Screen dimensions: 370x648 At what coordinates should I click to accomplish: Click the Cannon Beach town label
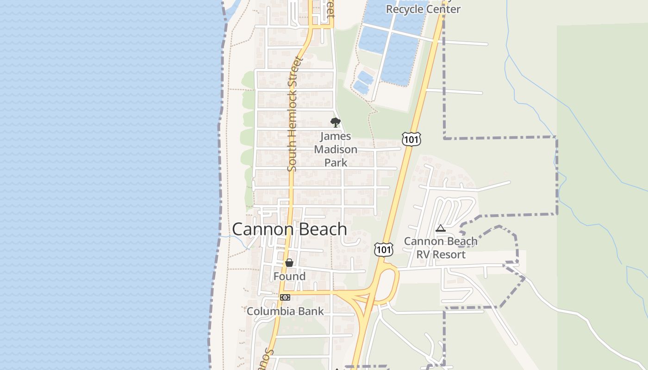click(x=289, y=229)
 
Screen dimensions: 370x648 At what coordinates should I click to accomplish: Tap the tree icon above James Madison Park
click(x=336, y=123)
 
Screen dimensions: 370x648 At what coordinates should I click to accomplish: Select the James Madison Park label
click(x=336, y=149)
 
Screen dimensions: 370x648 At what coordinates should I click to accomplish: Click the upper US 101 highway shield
click(x=411, y=138)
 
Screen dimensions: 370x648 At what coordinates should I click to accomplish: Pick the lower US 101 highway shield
click(x=384, y=249)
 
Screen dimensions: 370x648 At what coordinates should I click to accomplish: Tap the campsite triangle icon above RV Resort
click(x=440, y=228)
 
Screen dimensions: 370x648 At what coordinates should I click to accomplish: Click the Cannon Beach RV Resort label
click(x=441, y=248)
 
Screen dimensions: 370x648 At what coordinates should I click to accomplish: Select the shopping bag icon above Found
click(x=289, y=263)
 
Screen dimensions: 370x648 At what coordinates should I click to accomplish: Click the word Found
click(x=289, y=276)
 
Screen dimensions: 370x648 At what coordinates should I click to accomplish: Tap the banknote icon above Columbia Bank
click(x=285, y=297)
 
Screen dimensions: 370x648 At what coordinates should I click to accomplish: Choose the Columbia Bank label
click(x=285, y=311)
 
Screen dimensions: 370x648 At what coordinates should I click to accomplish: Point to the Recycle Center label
click(x=423, y=9)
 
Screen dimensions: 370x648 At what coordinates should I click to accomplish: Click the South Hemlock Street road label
click(x=295, y=113)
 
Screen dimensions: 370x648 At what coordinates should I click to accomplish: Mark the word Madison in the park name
click(x=336, y=149)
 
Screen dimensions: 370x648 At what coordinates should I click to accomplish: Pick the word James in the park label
click(x=336, y=136)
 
